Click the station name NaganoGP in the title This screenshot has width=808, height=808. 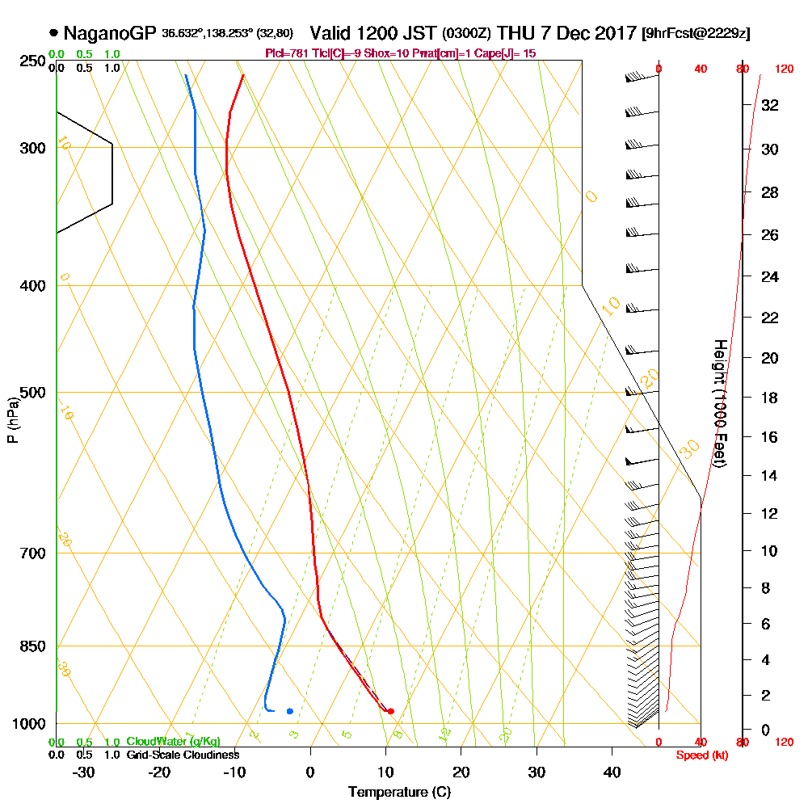[108, 33]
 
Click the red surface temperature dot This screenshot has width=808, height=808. [390, 711]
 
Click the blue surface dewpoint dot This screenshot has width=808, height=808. [289, 711]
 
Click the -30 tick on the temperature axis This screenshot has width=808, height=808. [84, 772]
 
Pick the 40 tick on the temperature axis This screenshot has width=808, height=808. [612, 772]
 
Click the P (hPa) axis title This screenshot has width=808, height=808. [12, 420]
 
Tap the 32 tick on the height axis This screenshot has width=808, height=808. [768, 105]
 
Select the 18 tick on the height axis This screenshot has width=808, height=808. [768, 398]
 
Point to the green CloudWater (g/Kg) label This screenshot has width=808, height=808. [173, 742]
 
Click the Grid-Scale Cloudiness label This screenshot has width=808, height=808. [182, 755]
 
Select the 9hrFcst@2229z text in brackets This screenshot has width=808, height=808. [695, 34]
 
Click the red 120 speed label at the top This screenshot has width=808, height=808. [783, 69]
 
